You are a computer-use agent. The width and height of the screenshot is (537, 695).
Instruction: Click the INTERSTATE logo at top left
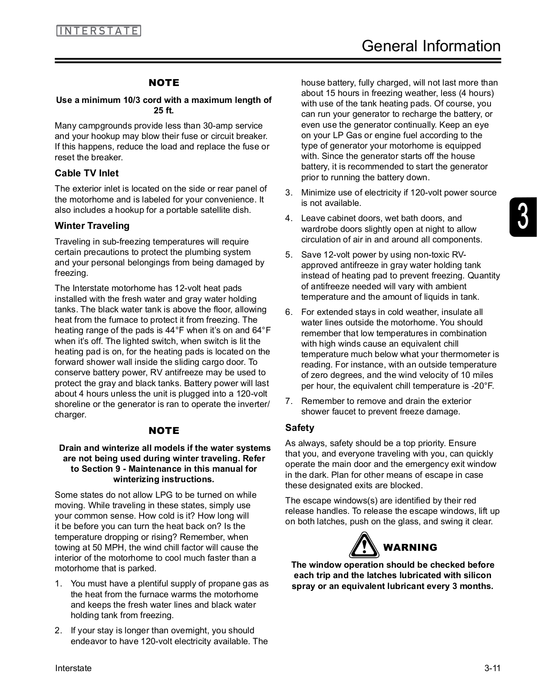click(99, 31)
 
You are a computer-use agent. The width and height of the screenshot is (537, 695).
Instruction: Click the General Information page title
click(431, 46)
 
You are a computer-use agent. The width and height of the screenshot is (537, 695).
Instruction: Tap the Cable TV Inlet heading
click(86, 173)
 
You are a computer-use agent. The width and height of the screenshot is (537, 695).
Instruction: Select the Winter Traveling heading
click(92, 226)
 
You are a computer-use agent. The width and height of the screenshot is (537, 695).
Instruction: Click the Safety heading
click(300, 428)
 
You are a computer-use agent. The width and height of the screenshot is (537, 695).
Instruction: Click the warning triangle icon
click(364, 546)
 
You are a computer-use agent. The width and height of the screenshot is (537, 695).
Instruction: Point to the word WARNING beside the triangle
click(410, 548)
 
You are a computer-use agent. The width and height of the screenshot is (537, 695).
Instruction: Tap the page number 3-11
click(492, 669)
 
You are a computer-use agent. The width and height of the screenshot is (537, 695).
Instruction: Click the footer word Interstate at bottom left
click(73, 669)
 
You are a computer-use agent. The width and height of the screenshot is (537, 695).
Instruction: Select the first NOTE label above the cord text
click(164, 83)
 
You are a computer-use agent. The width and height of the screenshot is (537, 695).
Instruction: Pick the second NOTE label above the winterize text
click(164, 431)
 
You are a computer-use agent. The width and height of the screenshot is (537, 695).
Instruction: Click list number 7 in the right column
click(289, 401)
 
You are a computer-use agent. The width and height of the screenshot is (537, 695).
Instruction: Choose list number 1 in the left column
click(58, 584)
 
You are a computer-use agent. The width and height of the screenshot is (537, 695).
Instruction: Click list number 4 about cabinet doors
click(289, 218)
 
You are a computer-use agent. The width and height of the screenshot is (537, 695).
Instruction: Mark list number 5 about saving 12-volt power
click(289, 255)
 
